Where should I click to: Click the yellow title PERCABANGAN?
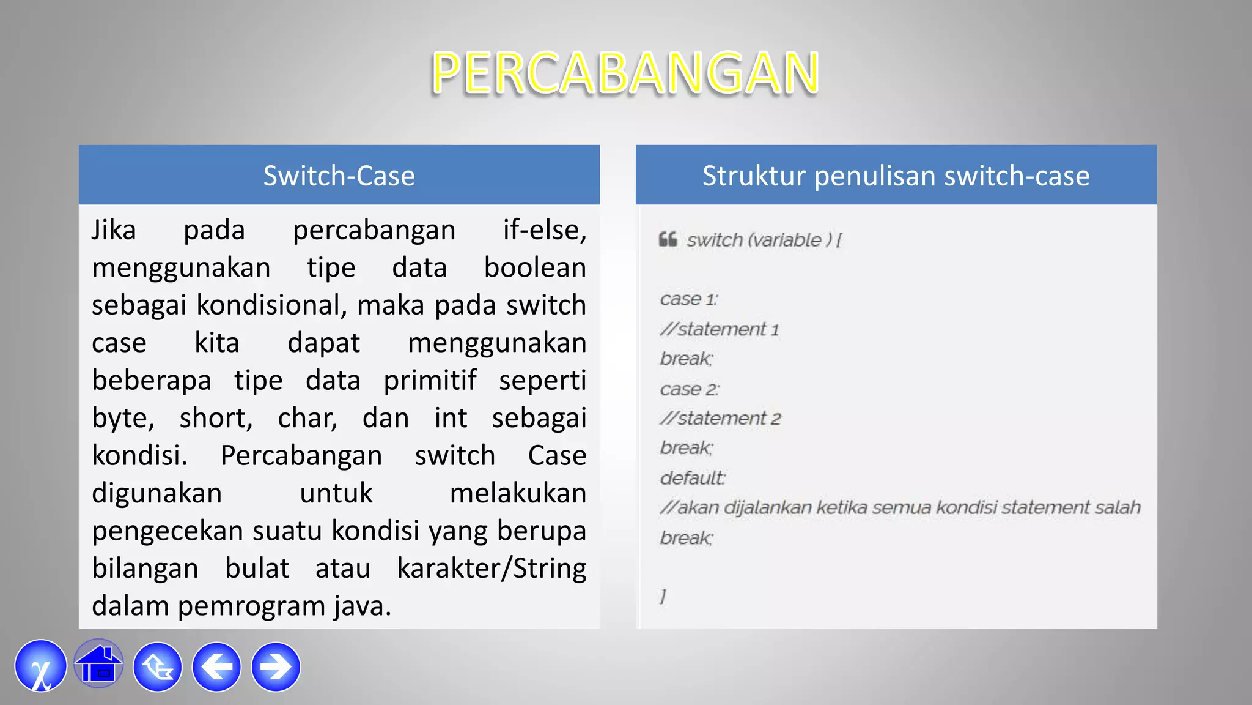625,73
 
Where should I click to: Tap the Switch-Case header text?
339,176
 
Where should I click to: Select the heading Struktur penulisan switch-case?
896,176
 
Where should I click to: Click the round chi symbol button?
40,666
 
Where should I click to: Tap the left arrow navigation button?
216,666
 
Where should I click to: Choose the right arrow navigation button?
276,666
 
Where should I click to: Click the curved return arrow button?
158,666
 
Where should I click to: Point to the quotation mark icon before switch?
668,239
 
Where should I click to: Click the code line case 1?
688,299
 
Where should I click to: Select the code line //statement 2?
720,419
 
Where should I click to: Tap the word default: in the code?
692,478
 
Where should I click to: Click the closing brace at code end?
663,596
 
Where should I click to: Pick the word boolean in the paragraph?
535,268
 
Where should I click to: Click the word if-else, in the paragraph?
544,231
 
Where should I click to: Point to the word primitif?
430,381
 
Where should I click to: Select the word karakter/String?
492,569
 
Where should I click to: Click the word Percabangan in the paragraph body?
301,456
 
